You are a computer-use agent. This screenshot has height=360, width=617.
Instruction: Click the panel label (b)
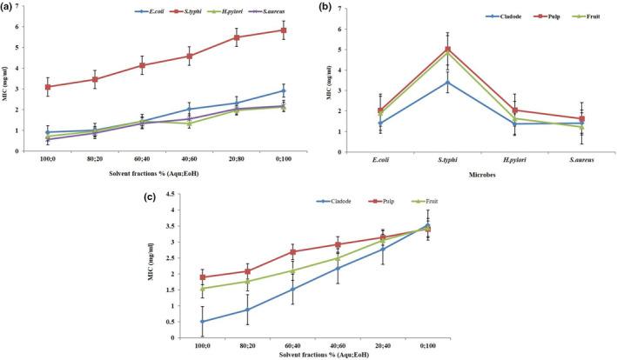click(x=329, y=7)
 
